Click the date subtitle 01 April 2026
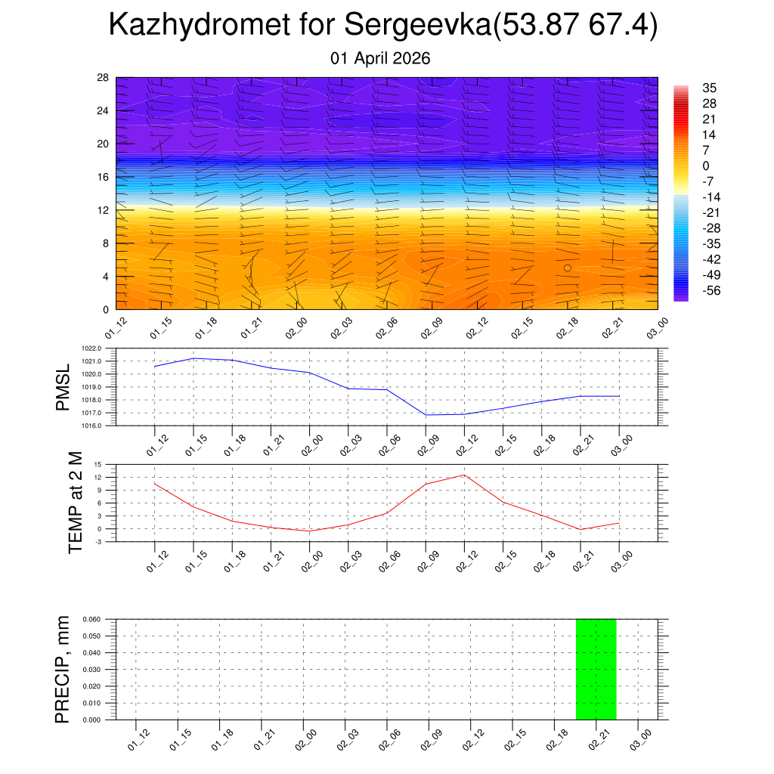pos(380,58)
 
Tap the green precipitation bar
pos(596,669)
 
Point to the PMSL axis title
pos(63,387)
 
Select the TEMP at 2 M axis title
pos(76,503)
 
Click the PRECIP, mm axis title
pos(63,669)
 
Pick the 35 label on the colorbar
pos(709,88)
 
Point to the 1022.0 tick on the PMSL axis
pos(100,348)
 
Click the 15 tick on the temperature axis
pos(98,465)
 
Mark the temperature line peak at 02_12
pos(463,475)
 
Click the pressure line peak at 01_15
pos(193,358)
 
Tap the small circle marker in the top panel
pos(568,268)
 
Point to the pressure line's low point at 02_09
pos(425,415)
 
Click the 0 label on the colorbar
pos(706,166)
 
